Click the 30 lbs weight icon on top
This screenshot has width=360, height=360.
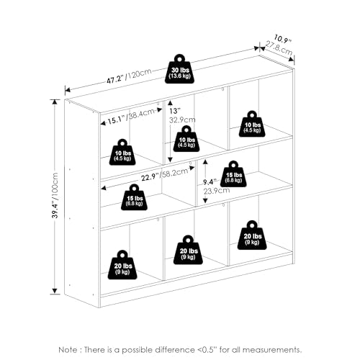pos(179,69)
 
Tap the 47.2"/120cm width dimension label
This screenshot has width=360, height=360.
pos(129,76)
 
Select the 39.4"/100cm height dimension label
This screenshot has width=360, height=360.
pos(55,195)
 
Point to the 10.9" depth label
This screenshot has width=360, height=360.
pos(282,39)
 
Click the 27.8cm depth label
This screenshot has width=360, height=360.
pos(279,48)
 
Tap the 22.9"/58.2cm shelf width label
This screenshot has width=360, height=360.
pos(164,174)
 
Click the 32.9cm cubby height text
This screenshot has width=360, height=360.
pos(182,120)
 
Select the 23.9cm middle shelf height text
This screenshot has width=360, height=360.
pos(217,191)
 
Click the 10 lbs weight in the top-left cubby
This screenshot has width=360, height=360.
pos(122,152)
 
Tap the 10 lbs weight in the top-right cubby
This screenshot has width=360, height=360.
pos(252,124)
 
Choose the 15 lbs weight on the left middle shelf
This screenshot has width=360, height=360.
pos(134,197)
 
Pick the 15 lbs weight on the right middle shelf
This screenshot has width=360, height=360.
pos(233,174)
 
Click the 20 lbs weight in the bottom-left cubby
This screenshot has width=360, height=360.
pos(122,265)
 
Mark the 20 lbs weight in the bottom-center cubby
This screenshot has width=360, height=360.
pos(188,250)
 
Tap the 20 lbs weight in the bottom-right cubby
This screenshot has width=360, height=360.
pos(252,235)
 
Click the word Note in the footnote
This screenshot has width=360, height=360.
pos(68,349)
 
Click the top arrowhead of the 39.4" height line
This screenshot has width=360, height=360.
pos(55,102)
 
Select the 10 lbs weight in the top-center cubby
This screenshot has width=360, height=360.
pos(186,138)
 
